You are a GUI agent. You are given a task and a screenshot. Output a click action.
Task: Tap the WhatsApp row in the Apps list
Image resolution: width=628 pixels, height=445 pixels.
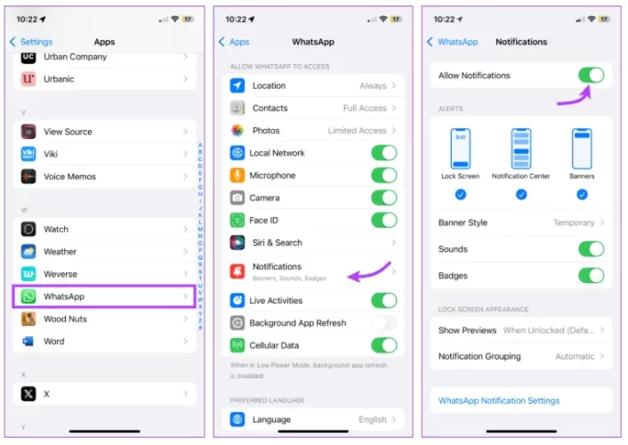tap(104, 296)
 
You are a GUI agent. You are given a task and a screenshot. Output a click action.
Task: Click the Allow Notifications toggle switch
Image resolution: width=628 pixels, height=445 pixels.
tap(591, 75)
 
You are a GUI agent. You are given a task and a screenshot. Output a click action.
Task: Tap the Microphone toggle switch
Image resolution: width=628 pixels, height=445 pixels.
tap(383, 175)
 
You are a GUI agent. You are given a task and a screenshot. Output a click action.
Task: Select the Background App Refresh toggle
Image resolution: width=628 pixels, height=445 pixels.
tap(383, 323)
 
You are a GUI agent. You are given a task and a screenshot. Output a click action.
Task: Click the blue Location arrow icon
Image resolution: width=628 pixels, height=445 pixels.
tap(238, 85)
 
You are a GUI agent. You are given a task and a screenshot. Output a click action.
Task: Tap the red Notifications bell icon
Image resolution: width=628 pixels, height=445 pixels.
tap(238, 271)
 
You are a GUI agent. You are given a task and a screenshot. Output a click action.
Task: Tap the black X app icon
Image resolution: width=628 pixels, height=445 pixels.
tap(28, 393)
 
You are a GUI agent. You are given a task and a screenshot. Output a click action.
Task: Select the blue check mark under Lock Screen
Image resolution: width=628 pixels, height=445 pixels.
tap(461, 195)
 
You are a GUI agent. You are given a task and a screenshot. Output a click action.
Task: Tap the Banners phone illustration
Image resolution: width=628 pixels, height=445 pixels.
tap(582, 149)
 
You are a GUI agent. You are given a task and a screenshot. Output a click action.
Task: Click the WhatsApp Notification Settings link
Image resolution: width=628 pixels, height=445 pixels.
tap(499, 400)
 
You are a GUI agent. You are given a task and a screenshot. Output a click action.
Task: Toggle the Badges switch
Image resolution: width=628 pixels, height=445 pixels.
tap(591, 275)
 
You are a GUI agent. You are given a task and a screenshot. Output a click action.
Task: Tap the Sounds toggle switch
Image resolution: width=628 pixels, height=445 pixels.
tap(591, 249)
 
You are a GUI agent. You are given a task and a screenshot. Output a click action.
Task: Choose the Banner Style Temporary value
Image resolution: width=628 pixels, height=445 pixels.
tap(574, 222)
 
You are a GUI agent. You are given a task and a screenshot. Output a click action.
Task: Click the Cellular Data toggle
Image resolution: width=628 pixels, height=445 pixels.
tap(383, 345)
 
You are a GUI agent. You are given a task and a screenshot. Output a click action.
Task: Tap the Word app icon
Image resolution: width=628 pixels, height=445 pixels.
tap(28, 341)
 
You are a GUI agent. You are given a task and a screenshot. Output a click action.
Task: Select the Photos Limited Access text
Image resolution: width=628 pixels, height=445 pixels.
tap(357, 130)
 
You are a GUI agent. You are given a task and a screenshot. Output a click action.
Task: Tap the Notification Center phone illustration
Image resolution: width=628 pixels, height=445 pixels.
tap(520, 149)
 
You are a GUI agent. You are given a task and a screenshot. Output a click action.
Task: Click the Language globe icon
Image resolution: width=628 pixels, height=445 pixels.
tap(238, 419)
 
